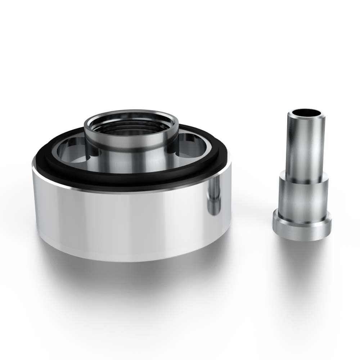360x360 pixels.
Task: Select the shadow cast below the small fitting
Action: [x=306, y=252]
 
